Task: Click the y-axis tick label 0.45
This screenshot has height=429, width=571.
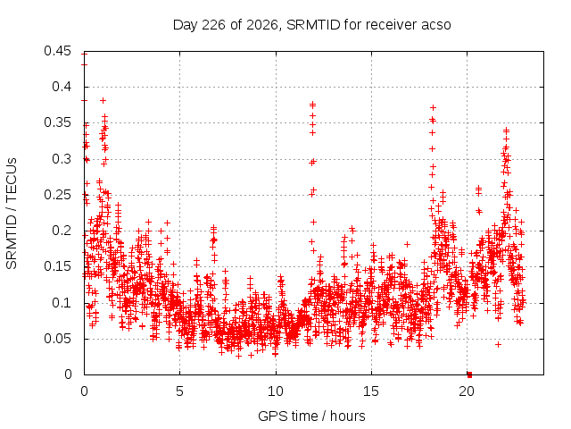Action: (57, 51)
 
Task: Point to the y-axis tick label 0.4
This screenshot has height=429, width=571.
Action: (62, 87)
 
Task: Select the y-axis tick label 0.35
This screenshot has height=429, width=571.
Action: (57, 122)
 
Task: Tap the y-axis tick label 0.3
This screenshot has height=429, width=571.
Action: (62, 159)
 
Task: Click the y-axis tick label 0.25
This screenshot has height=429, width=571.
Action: (57, 195)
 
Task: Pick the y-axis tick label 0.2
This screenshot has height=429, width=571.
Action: (62, 231)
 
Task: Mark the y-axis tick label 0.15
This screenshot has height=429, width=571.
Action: (57, 266)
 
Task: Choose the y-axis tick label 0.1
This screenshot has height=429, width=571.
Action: (62, 302)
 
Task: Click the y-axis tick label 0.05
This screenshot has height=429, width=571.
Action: (57, 338)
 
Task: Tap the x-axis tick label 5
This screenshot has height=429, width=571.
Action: (180, 391)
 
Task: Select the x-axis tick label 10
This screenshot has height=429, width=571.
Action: (276, 391)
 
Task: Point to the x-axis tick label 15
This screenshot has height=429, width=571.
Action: (371, 391)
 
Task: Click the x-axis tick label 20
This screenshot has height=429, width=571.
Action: (467, 391)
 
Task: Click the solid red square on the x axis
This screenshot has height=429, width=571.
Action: (470, 374)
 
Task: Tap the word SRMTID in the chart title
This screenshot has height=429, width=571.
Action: (313, 25)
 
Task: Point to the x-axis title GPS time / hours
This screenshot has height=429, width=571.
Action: (311, 416)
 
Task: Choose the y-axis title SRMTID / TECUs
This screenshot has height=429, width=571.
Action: (12, 214)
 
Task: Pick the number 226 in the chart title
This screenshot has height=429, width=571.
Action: (214, 25)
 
